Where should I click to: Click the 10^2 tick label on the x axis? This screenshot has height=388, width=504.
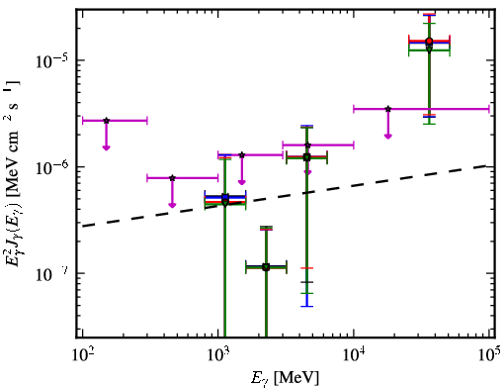click(x=82, y=355)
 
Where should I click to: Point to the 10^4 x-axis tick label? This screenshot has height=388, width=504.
click(x=354, y=355)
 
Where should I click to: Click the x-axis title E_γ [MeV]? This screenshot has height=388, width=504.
click(x=285, y=378)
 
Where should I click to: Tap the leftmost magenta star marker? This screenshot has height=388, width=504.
click(x=106, y=121)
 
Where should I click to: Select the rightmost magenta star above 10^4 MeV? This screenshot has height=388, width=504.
click(x=388, y=109)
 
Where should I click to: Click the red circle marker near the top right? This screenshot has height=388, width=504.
click(x=429, y=42)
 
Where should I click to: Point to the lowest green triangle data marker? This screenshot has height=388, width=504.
click(x=266, y=267)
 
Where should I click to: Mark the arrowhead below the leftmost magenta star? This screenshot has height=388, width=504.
click(x=106, y=147)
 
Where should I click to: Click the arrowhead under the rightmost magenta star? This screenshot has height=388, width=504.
click(x=388, y=136)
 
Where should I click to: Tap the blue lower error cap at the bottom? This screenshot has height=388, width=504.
click(x=306, y=307)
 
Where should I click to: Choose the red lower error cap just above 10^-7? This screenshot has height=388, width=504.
click(x=306, y=268)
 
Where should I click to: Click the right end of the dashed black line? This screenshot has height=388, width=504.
click(x=486, y=165)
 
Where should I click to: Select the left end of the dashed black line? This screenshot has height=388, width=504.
click(x=83, y=226)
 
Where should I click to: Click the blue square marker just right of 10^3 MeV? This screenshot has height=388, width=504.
click(x=225, y=197)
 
